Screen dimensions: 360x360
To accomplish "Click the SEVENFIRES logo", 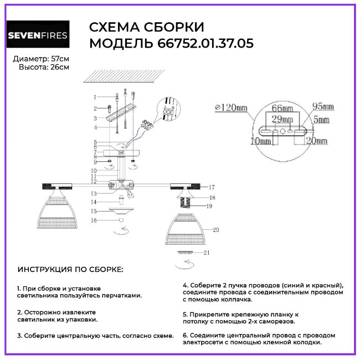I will coord(38,36).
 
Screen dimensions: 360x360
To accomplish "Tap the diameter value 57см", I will coord(60,59).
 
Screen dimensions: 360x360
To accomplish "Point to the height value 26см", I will coord(60,67).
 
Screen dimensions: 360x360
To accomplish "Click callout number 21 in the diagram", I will coord(207,253).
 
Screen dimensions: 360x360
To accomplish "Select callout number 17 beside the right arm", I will coord(212,187).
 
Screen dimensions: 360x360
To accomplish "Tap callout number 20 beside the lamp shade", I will coord(216,229).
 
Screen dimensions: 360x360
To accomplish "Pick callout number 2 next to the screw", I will coord(95,109).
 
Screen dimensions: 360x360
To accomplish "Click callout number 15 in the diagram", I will coord(95,211).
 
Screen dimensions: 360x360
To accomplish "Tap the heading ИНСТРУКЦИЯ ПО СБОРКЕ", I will coord(70,269).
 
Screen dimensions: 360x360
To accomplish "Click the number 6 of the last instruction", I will coord(184,335).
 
